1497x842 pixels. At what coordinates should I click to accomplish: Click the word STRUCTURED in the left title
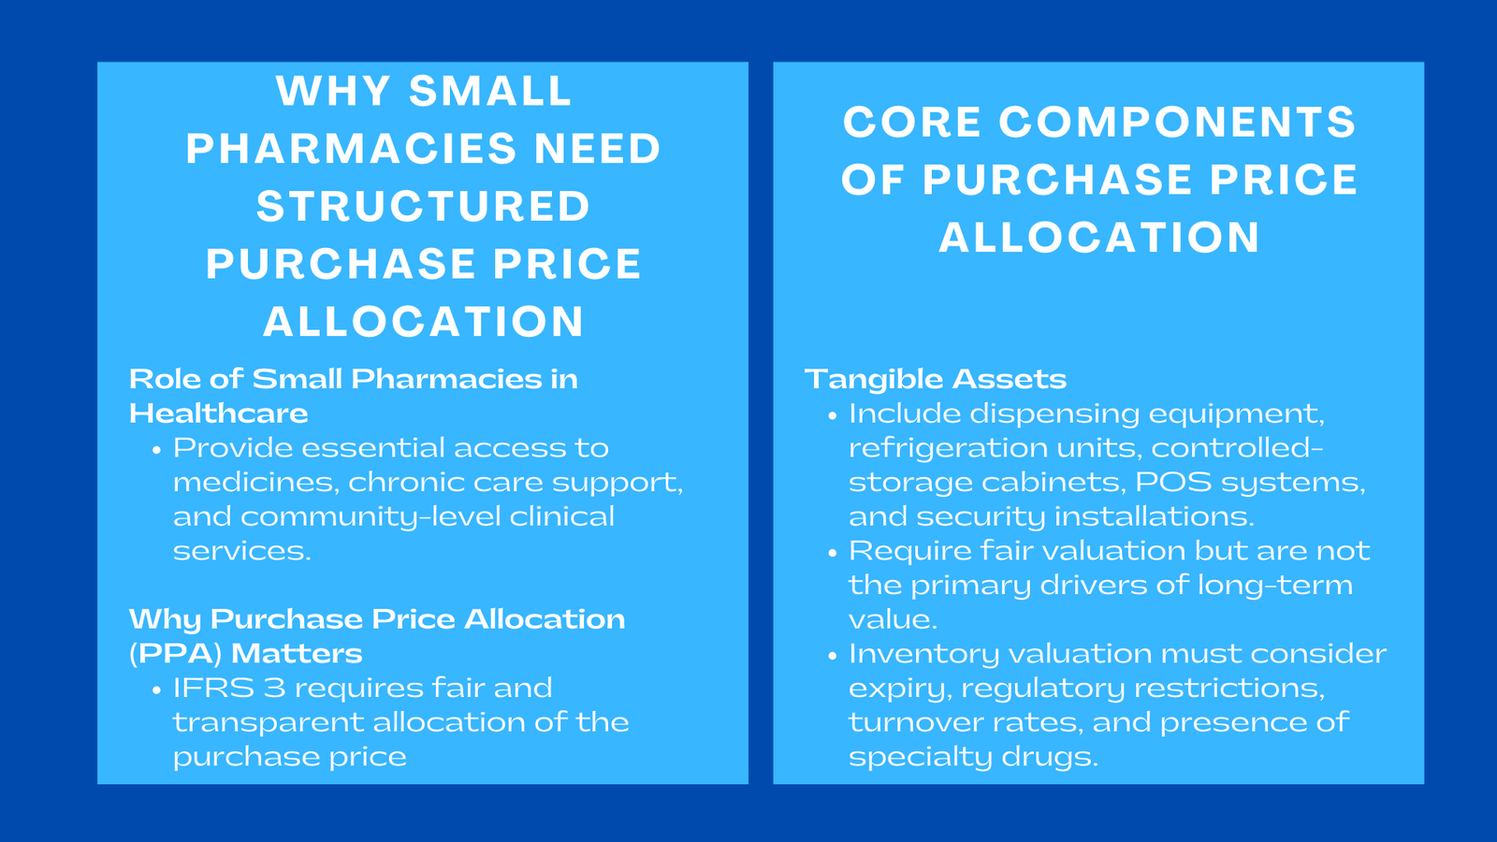click(423, 207)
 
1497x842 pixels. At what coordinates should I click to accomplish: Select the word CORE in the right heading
click(912, 123)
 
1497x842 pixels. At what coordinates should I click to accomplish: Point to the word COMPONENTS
click(1177, 123)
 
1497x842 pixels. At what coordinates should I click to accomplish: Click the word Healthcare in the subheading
click(218, 414)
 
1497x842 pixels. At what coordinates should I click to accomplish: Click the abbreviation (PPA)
click(175, 653)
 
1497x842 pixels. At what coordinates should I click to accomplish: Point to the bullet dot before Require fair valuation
click(832, 553)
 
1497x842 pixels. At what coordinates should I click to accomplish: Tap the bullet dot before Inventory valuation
click(832, 656)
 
